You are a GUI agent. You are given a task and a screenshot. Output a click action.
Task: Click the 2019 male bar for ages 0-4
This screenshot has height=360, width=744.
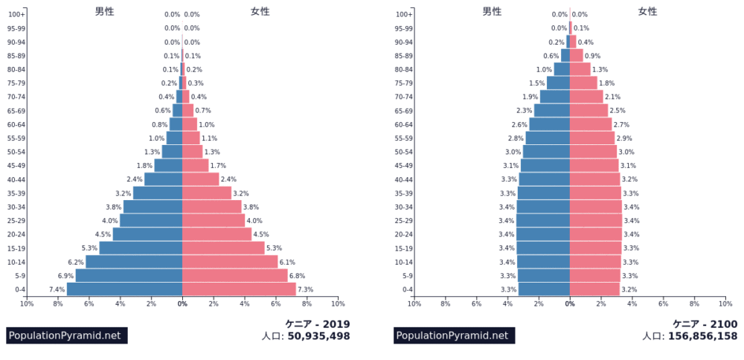[x=124, y=289]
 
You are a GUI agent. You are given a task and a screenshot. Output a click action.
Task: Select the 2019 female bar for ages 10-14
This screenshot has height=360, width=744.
[x=230, y=262]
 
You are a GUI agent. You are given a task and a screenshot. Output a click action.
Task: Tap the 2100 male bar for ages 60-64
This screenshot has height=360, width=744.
[x=549, y=124]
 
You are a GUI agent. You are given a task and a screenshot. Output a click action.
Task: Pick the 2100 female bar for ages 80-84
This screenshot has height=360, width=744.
[x=580, y=69]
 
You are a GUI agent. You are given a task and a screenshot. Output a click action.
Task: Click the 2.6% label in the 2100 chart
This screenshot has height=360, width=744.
[x=519, y=124]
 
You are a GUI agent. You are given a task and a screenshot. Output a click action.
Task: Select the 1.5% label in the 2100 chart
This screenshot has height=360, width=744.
[x=536, y=83]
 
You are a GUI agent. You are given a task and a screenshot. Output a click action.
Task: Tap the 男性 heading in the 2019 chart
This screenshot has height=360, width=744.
[x=105, y=11]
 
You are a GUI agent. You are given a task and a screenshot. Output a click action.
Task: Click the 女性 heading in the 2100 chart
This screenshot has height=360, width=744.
[x=648, y=11]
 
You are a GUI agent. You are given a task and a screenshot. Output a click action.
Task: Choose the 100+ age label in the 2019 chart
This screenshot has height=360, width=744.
[x=18, y=14]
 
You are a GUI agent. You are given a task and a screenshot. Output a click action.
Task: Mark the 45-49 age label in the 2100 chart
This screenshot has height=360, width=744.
[x=404, y=166]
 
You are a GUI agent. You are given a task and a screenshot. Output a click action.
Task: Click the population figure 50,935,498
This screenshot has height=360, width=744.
[x=318, y=336]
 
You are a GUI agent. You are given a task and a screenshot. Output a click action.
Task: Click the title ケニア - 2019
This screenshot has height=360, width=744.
[x=318, y=324]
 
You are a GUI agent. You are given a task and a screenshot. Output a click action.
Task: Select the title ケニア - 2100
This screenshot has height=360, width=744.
[x=705, y=324]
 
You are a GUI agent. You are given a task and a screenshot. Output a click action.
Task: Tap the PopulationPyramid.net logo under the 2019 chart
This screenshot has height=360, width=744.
[x=64, y=335]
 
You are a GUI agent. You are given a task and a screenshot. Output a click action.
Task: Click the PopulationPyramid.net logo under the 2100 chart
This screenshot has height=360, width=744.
[x=452, y=335]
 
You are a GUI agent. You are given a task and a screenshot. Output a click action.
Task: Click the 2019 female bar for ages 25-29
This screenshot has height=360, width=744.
[x=214, y=221]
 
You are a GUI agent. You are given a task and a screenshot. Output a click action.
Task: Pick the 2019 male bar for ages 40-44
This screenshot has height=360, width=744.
[x=163, y=179]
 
